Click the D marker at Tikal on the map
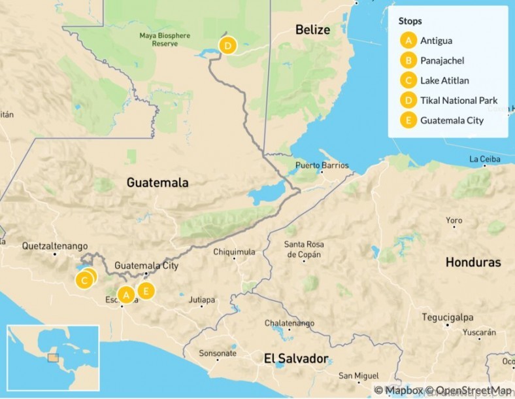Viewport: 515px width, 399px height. [227, 46]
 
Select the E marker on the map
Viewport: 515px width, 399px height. [146, 290]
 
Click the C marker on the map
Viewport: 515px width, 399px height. [84, 281]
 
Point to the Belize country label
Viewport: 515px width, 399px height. [312, 30]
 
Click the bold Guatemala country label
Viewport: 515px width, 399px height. [158, 183]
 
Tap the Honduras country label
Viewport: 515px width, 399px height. [473, 262]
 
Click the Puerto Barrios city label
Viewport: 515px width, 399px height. [322, 165]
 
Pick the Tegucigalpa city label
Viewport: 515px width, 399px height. [447, 317]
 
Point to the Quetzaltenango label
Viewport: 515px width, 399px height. [55, 247]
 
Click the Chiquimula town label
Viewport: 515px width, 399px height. [234, 252]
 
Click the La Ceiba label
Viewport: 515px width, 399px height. [484, 159]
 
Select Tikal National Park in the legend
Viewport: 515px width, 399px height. [459, 101]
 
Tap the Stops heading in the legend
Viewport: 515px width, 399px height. [410, 21]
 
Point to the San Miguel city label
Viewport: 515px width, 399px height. [357, 376]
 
